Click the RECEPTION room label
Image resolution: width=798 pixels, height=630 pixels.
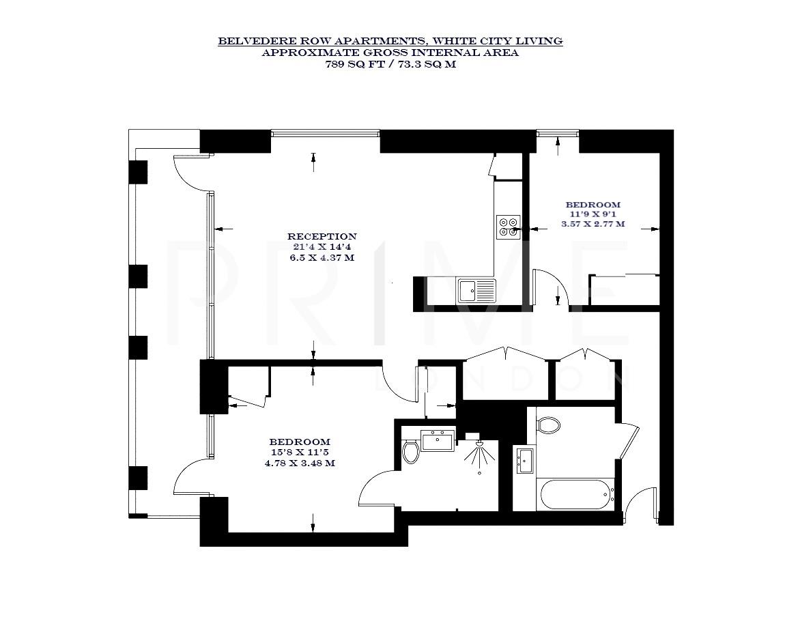point(322,237)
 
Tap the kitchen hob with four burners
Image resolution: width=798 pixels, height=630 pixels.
point(508,226)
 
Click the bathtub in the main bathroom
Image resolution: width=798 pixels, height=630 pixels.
point(573,494)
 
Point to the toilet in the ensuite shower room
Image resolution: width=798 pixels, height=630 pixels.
point(410,452)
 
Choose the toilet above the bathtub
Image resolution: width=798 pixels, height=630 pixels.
point(548,426)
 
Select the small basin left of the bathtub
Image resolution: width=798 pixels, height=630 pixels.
point(525,460)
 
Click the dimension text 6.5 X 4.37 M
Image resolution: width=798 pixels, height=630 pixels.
point(322,258)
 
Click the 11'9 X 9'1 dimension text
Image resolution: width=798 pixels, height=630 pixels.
point(593,214)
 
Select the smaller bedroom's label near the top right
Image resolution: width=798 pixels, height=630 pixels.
point(593,205)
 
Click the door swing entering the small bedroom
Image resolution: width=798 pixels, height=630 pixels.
point(547,287)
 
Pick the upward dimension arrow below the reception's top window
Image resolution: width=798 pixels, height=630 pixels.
point(313,162)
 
